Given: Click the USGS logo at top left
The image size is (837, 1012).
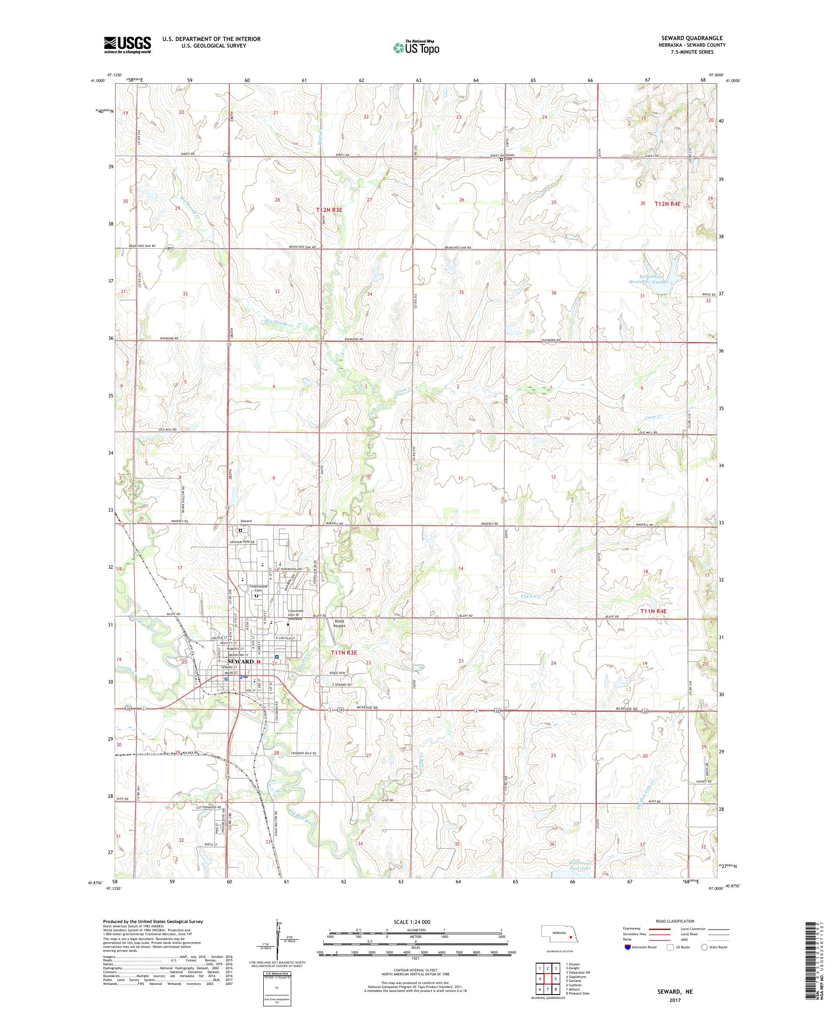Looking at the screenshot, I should tap(127, 45).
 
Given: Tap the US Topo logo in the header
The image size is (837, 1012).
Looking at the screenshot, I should tap(417, 47).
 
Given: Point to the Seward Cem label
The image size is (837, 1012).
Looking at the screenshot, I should tap(246, 523).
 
